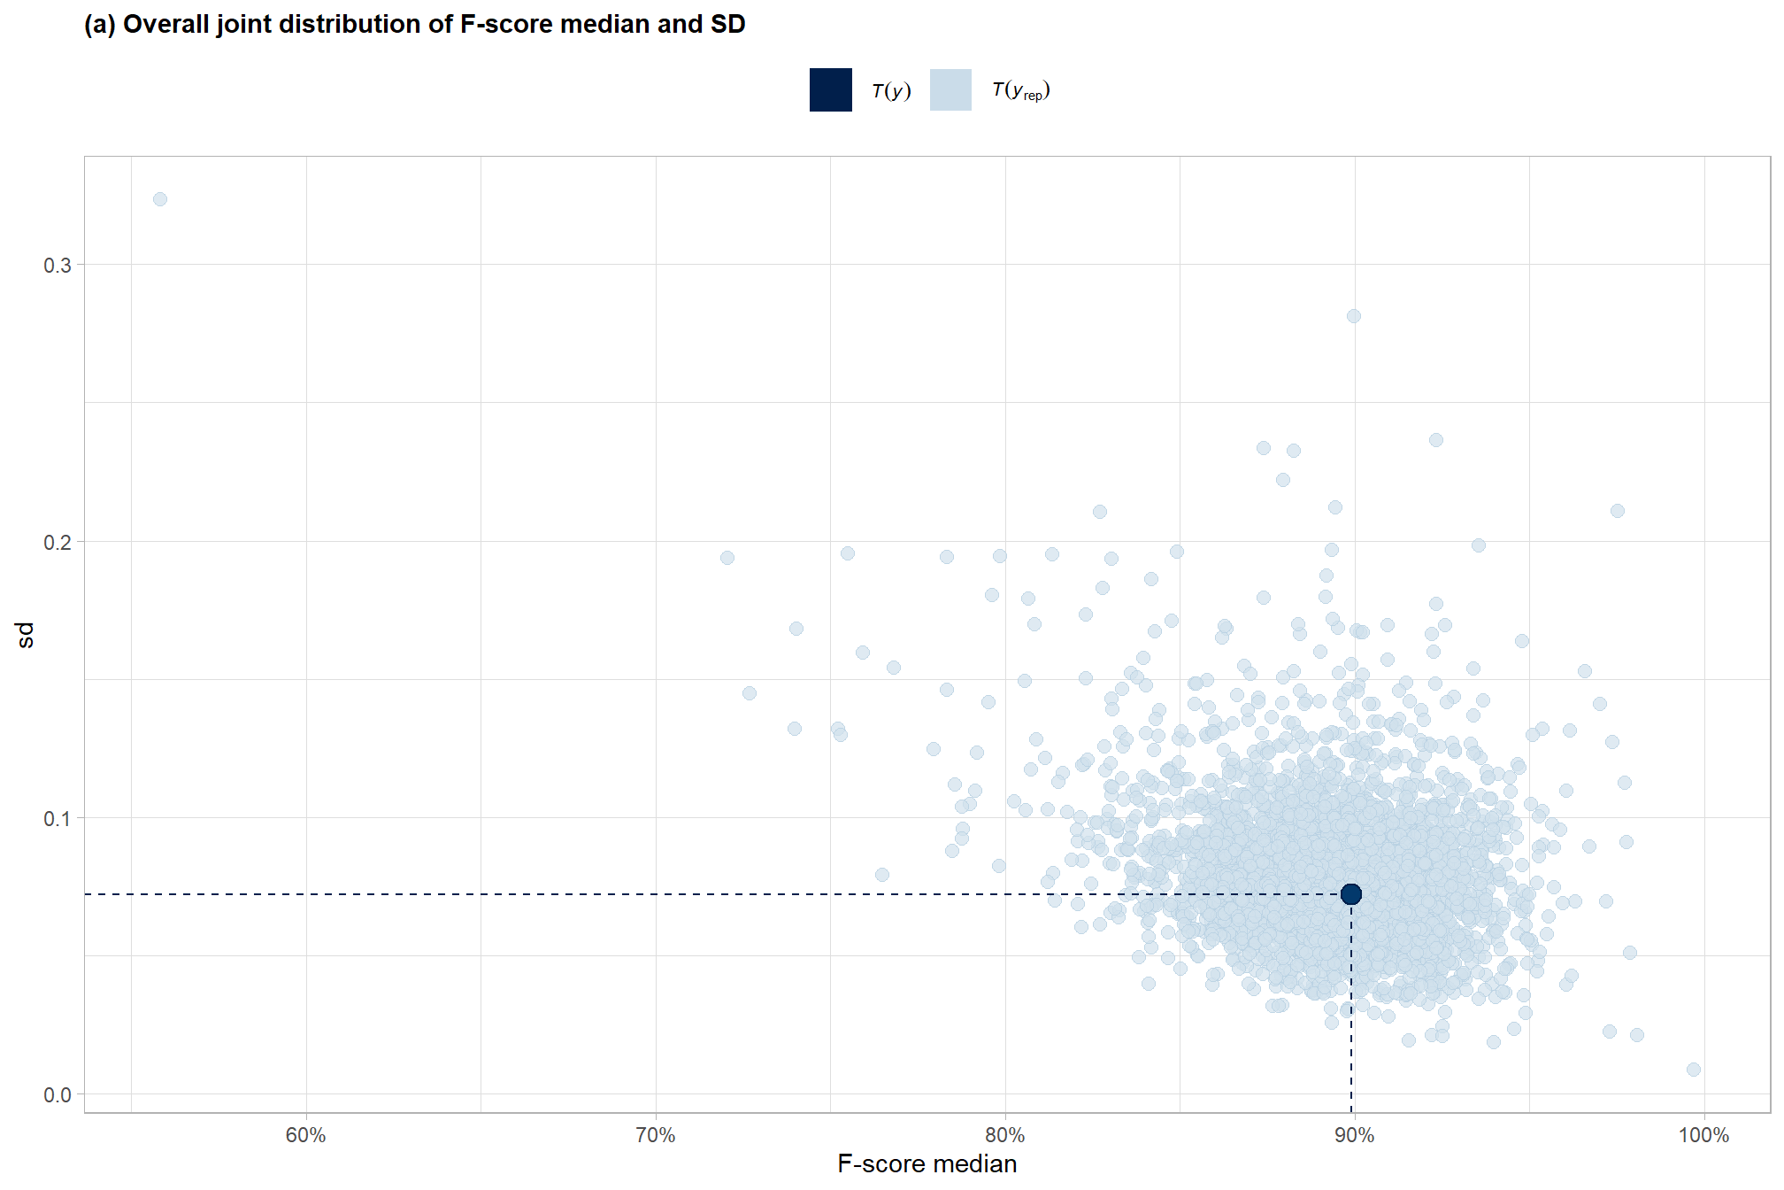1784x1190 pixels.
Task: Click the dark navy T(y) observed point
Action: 1350,894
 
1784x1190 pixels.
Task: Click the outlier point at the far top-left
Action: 160,199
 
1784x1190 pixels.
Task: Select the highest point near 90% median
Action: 1353,316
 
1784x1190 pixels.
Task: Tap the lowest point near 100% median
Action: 1693,1070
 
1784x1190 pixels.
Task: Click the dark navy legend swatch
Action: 830,89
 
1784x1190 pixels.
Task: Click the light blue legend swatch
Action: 950,89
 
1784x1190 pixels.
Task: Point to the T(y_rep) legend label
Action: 1020,90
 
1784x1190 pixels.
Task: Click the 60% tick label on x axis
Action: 306,1135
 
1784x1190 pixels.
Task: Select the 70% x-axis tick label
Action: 656,1135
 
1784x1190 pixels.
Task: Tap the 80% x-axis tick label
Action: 1005,1135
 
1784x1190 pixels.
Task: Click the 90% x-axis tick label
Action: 1354,1135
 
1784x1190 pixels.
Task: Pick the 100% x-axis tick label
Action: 1703,1135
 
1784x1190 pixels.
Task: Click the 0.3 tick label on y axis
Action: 58,266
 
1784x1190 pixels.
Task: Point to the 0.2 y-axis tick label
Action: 58,542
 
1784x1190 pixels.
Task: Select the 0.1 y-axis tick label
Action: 58,818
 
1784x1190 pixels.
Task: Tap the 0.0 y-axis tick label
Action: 58,1095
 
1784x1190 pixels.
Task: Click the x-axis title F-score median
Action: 927,1163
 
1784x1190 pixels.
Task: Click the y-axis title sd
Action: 26,634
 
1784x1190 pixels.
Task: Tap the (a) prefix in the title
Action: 99,24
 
